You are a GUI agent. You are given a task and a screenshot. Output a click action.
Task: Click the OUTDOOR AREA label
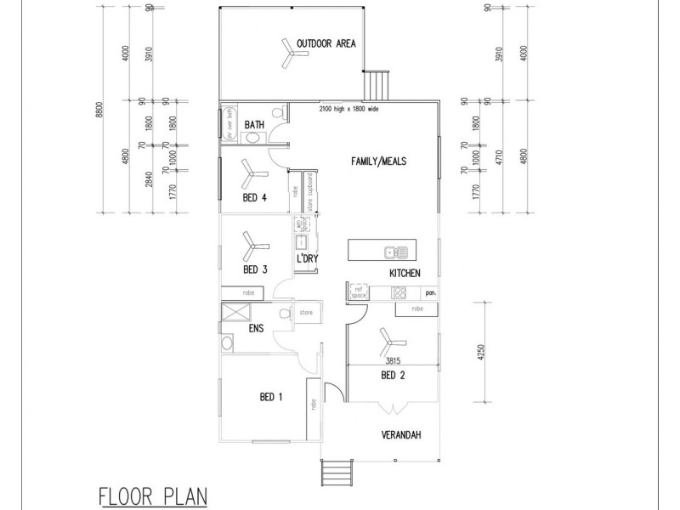coord(326,43)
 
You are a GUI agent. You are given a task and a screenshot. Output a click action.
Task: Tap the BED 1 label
coord(271,397)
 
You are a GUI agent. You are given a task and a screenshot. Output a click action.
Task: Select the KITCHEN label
coord(405,273)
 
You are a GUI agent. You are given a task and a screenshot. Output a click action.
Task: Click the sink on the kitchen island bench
coord(395,251)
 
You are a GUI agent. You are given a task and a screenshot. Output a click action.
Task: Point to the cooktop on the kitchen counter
coord(397,293)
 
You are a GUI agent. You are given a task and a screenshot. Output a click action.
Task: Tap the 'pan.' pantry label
coord(431,293)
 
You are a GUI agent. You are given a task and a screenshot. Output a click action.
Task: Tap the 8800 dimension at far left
coord(100,110)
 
